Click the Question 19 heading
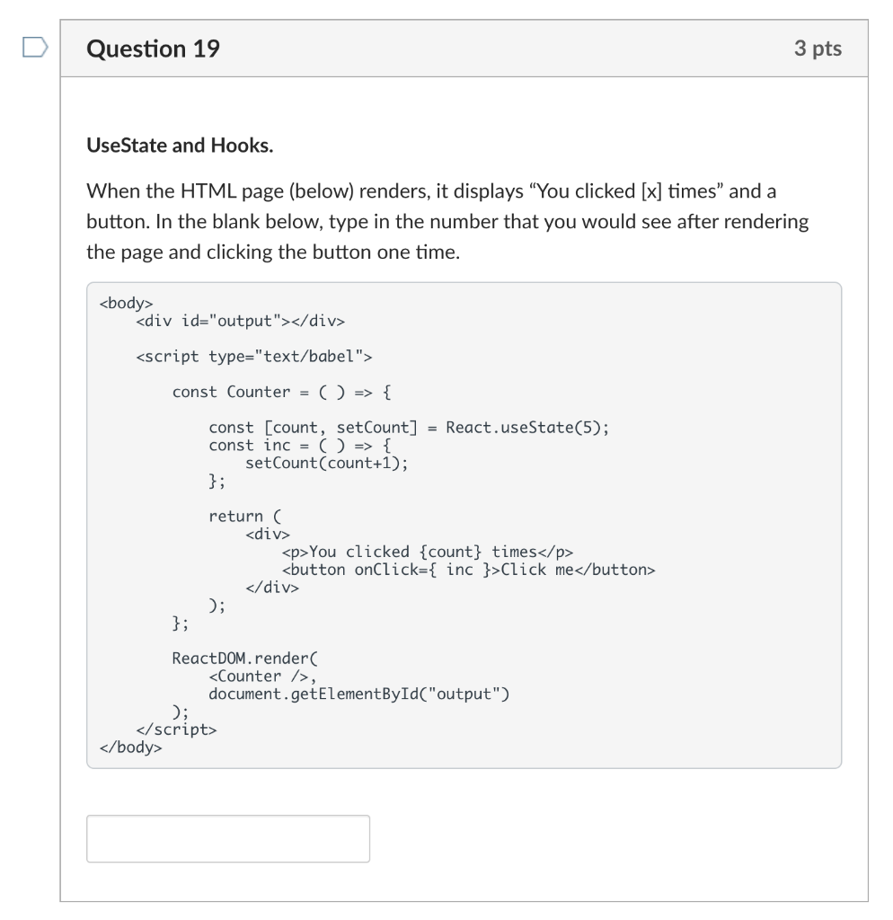[153, 49]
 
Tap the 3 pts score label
[818, 49]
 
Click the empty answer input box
[227, 838]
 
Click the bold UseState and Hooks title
[180, 145]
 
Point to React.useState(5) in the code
[527, 428]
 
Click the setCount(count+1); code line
[332, 464]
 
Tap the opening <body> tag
[127, 303]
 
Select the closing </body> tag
[131, 747]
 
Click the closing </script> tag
[176, 730]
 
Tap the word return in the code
[235, 517]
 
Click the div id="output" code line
[240, 321]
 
